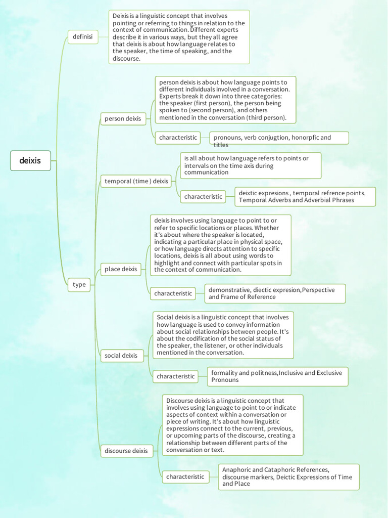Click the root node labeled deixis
coord(30,161)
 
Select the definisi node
coord(83,36)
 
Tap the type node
coord(79,284)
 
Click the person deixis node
coord(123,119)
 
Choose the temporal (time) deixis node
coord(136,181)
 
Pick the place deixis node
coord(121,269)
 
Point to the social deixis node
coord(121,356)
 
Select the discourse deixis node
coord(126,451)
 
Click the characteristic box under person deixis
coord(178,138)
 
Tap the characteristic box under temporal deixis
coord(203,196)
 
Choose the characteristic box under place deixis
coord(173,293)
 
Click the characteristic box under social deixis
coord(176,376)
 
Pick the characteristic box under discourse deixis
coord(185,477)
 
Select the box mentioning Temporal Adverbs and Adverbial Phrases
coord(305,196)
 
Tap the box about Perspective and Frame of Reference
coord(275,293)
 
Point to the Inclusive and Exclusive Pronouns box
coord(277,376)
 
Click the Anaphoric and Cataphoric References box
coord(288,477)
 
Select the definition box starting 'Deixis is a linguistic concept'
coord(179,37)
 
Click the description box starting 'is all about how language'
coord(251,165)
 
